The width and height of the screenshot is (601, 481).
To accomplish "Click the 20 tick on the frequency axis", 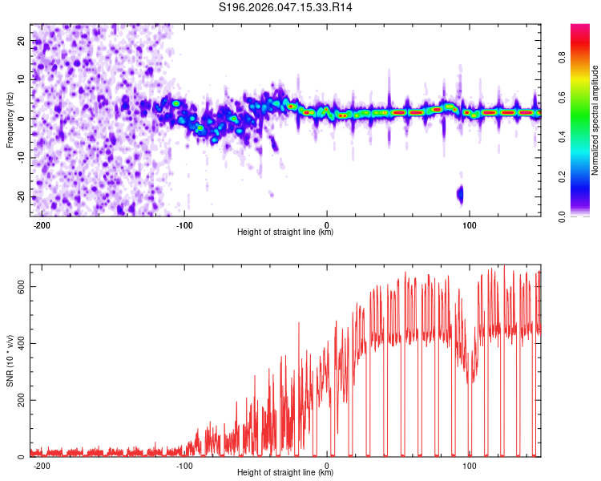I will click(22, 40).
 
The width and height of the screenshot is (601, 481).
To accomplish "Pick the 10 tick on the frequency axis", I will click(22, 79).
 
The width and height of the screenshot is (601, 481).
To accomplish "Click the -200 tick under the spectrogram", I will click(42, 224).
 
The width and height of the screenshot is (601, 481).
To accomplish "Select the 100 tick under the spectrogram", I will click(470, 224).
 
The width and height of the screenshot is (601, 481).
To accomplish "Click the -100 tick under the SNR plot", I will click(184, 465).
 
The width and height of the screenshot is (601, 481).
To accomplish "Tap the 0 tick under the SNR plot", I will click(328, 465).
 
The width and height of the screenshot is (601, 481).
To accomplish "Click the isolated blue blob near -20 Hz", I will click(460, 194).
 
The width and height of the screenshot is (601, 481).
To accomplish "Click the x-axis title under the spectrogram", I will click(286, 232).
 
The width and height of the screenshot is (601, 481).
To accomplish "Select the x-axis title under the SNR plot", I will click(286, 473).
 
